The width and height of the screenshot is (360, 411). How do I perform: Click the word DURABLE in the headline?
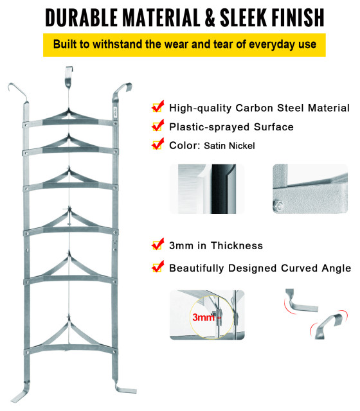click(81, 17)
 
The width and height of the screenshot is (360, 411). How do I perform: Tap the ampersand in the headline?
click(209, 17)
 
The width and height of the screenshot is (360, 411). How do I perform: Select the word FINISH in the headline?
click(298, 17)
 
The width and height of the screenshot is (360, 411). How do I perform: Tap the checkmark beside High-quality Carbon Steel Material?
click(157, 107)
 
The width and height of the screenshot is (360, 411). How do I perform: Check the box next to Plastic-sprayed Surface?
click(157, 125)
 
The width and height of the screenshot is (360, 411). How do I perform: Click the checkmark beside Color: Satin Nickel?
click(157, 144)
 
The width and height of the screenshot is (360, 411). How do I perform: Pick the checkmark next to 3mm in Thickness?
click(157, 244)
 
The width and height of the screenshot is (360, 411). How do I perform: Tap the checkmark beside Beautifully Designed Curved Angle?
click(157, 267)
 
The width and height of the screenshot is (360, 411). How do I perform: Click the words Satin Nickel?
click(230, 146)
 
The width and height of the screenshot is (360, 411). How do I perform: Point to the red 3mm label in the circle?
click(203, 317)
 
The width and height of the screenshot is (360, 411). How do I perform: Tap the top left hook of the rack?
click(18, 92)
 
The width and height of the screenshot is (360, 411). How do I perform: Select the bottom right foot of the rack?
click(125, 387)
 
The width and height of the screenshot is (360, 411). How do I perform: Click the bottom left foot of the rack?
click(21, 392)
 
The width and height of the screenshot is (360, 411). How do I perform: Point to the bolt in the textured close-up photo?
click(278, 205)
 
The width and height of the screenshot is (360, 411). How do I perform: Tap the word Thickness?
click(237, 246)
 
